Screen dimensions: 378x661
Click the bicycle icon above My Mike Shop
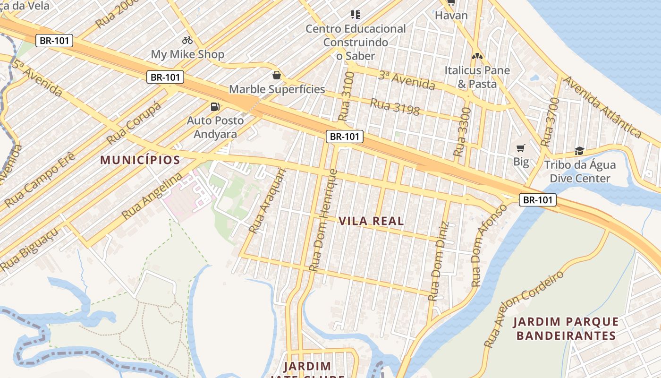tap(187, 40)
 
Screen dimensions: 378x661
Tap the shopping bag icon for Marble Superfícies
tap(276, 75)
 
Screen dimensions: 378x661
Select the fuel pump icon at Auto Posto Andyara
tap(215, 107)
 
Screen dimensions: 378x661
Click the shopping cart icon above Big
tap(521, 148)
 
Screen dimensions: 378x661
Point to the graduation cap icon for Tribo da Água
tap(579, 151)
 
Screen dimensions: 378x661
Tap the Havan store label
tap(451, 15)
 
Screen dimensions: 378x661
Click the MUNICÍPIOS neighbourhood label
tap(140, 160)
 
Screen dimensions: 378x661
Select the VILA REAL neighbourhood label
tap(371, 221)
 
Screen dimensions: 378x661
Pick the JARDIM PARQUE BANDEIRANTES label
tap(566, 329)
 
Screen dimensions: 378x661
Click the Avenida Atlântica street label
tap(602, 107)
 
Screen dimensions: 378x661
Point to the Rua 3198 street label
tap(395, 107)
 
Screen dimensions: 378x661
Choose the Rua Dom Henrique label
tap(323, 220)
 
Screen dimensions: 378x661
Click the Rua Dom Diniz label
tap(439, 261)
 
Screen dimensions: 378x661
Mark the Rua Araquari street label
tap(267, 201)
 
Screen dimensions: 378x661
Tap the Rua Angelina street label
tap(152, 196)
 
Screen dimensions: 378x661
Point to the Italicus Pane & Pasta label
tap(477, 77)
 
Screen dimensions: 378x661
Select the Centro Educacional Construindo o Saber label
tap(356, 42)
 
